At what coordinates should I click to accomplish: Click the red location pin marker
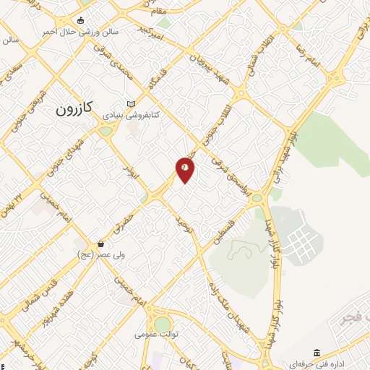click(186, 169)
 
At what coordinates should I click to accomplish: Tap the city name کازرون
click(74, 109)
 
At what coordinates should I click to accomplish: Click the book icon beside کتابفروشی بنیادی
click(130, 103)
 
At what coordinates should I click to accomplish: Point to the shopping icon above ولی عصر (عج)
click(100, 243)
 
